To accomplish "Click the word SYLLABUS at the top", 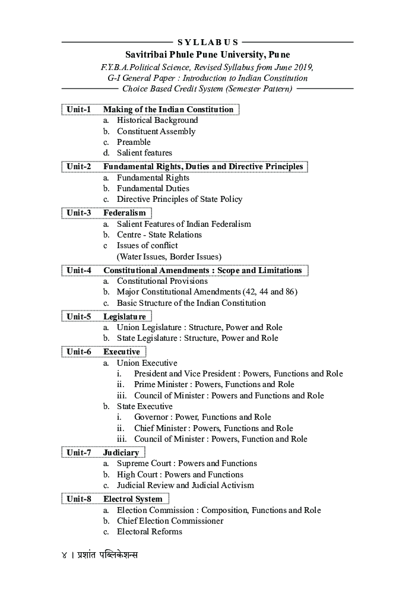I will (208, 42).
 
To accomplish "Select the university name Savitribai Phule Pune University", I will (207, 55).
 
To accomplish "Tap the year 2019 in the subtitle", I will (302, 66).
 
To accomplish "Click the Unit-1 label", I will (78, 109).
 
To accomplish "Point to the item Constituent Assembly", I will (156, 131).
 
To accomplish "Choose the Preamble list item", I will (134, 142).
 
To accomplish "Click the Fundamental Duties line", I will (153, 188).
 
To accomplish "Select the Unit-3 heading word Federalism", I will (125, 213).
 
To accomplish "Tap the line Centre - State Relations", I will (159, 235).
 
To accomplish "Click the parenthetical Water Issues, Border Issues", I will (169, 256).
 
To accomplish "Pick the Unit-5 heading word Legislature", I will (125, 316).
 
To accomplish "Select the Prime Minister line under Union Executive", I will (214, 384).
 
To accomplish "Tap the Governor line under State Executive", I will (202, 417).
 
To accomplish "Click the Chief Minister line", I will (213, 428).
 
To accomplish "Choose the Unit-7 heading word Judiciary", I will (121, 452).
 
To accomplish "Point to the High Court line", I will (180, 474).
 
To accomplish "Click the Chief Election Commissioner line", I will (170, 521).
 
